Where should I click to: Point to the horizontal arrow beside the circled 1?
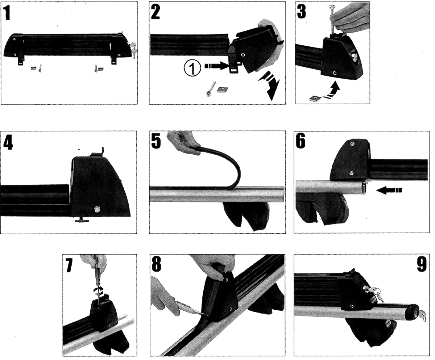click(x=217, y=66)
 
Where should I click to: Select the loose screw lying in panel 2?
click(x=210, y=89)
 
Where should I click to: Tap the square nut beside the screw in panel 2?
click(x=223, y=89)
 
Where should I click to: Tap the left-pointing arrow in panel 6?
click(x=389, y=190)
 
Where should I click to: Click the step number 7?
click(x=69, y=265)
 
